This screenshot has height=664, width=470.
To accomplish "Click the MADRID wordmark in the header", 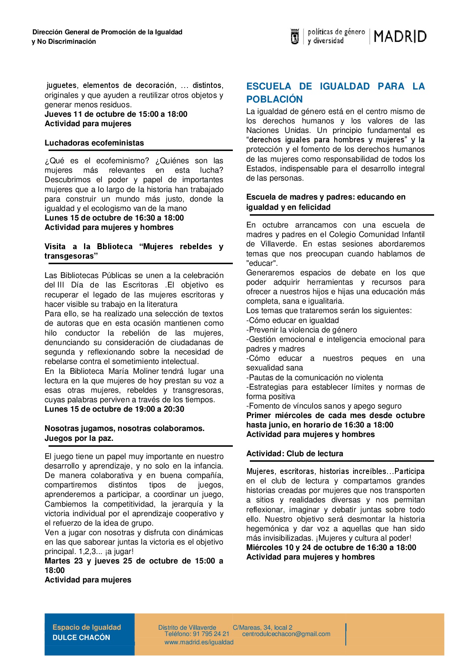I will coord(400,37).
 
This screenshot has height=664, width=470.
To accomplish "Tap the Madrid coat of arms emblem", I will coord(294,37).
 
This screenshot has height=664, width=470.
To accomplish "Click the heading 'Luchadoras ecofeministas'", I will coord(94,143).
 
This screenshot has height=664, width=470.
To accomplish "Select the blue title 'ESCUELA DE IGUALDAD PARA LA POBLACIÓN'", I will coord(335,93).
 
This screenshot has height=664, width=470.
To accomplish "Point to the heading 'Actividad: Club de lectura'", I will coord(295,454).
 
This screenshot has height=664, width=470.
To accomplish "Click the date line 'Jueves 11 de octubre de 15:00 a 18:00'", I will coord(116,114).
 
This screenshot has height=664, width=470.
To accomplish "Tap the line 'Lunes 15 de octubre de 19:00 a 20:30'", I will coord(114,409).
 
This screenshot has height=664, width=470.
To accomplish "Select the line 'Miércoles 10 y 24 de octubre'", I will coord(331,548).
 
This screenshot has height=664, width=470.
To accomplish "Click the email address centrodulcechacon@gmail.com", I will coord(286,634).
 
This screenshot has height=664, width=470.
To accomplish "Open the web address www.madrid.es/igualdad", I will coord(199,642).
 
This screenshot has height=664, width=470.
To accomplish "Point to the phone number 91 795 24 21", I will coord(211,634).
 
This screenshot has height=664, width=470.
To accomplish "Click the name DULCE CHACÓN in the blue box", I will coord(81,638).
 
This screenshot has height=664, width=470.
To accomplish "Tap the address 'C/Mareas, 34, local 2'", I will coord(262,628).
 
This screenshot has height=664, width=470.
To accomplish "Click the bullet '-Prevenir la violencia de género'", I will coord(301,330).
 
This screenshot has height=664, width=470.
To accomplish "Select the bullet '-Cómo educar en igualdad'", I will coord(292,321).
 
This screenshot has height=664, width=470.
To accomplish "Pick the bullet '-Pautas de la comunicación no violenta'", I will coord(315,378).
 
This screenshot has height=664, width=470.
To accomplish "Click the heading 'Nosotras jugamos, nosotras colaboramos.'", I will coord(124,429).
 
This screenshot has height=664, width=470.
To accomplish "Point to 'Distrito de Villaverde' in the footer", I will coord(187,628).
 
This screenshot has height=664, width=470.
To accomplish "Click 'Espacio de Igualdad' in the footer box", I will coord(87,627).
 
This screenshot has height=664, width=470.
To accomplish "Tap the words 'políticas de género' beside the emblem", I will coord(336,32).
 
